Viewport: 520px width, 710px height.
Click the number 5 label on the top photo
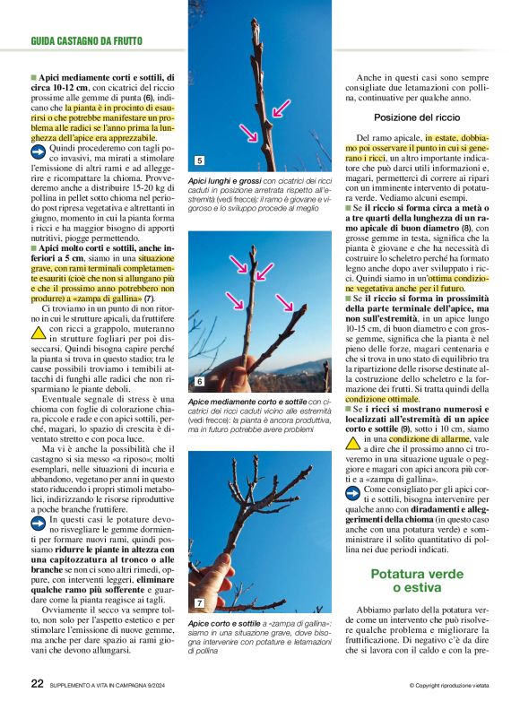pyautogui.click(x=199, y=161)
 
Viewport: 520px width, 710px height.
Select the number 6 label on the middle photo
pyautogui.click(x=199, y=382)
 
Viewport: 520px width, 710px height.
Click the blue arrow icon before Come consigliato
pyautogui.click(x=354, y=489)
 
